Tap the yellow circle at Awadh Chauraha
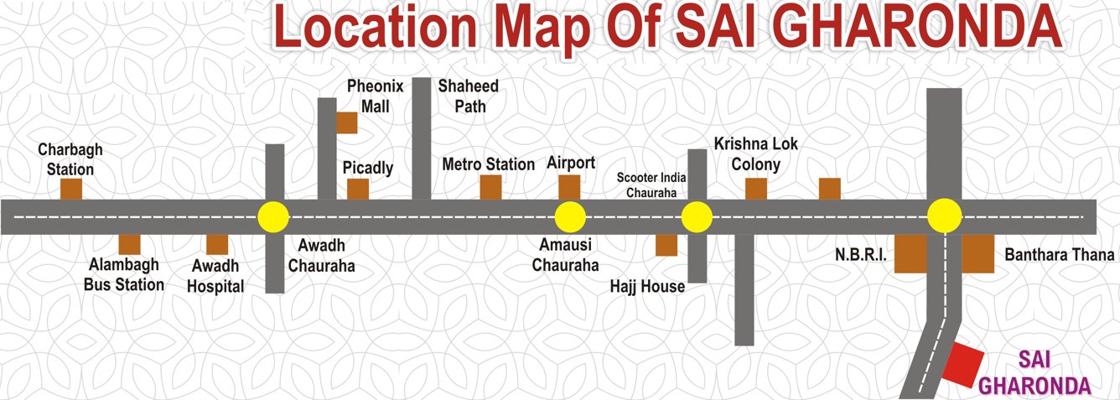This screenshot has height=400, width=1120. click(x=273, y=216)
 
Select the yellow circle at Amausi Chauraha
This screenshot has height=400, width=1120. click(x=570, y=216)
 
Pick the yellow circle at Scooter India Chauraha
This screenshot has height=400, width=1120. click(x=697, y=216)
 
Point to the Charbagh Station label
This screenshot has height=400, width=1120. click(x=70, y=158)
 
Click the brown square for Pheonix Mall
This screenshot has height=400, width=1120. click(x=347, y=122)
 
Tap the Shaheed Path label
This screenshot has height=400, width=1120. click(x=468, y=96)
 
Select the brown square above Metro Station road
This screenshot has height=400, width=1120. click(x=490, y=187)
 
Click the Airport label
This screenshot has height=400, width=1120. click(x=571, y=163)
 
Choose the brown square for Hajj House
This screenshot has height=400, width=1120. click(x=666, y=244)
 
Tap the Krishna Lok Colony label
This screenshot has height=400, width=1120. click(x=747, y=153)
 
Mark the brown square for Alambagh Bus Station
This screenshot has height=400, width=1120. click(x=129, y=244)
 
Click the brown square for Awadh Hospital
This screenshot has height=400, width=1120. click(x=217, y=244)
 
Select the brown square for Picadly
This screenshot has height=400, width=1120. click(x=358, y=189)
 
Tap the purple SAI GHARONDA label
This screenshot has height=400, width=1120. click(x=1034, y=373)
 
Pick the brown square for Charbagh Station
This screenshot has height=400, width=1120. click(x=71, y=189)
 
